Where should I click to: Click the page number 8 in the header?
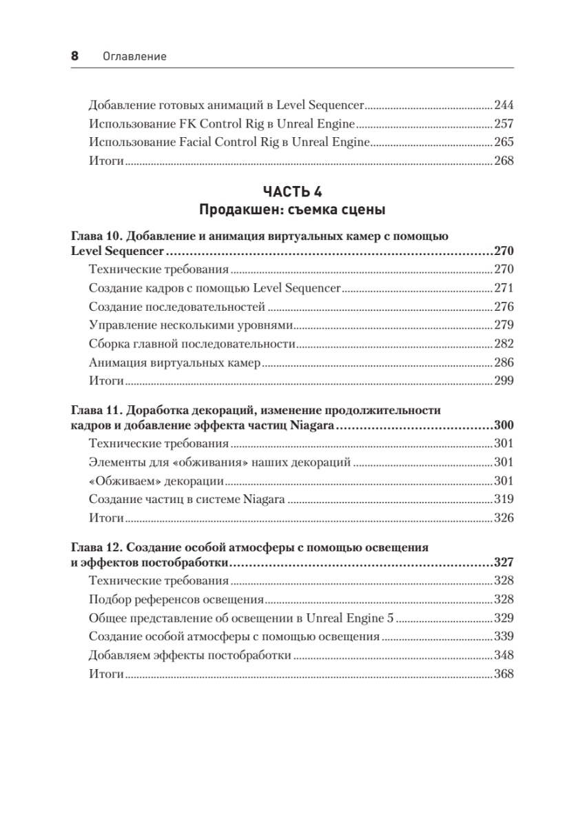(x=75, y=56)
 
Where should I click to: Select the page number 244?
(x=504, y=106)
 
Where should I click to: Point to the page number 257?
(x=504, y=124)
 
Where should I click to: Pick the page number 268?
(x=504, y=161)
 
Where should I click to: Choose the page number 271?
(x=504, y=288)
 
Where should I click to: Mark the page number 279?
(x=504, y=325)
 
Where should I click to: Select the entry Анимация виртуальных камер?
(x=174, y=362)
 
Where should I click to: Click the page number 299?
(x=504, y=380)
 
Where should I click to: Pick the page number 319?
(x=504, y=500)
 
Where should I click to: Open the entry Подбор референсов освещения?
(x=177, y=600)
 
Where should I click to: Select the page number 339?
(x=504, y=637)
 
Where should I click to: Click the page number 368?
(x=504, y=674)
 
